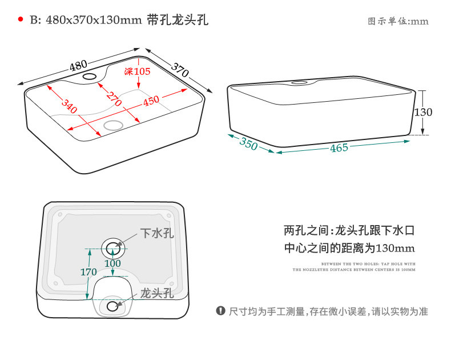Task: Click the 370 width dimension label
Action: (180, 70)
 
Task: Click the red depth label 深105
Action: (137, 71)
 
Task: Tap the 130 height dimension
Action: (423, 112)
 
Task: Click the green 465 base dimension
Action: (339, 149)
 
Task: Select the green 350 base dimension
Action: (248, 143)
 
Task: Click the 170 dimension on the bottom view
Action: (88, 272)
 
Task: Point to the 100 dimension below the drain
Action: (112, 263)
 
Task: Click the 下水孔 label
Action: (157, 233)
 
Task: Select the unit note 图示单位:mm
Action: (398, 22)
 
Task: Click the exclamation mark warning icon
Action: (220, 311)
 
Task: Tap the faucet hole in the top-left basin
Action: (90, 76)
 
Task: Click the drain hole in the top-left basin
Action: (112, 125)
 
